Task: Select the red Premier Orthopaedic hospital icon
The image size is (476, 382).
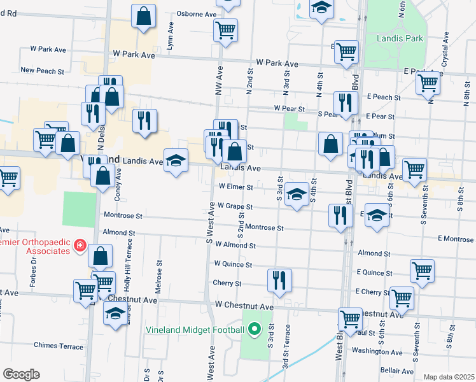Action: (x=80, y=245)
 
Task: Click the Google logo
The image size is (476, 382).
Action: (x=21, y=374)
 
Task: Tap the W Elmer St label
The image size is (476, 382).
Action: (x=236, y=187)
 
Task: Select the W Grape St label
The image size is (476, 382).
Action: (x=235, y=206)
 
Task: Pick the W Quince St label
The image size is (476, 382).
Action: (x=233, y=264)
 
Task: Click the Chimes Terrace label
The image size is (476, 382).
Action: (x=59, y=346)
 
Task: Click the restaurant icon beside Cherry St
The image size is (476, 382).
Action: (x=279, y=279)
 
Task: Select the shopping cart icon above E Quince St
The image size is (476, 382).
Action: (x=422, y=270)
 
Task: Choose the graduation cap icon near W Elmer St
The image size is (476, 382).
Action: (x=297, y=194)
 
